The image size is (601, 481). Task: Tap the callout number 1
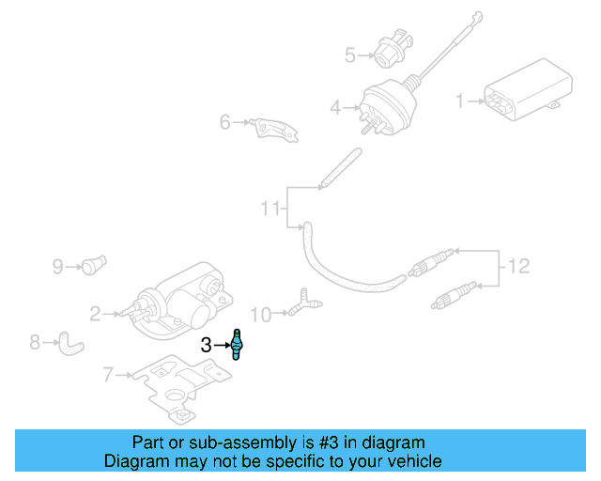tap(460, 101)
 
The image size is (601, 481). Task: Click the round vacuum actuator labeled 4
tap(385, 111)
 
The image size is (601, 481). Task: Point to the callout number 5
tap(350, 55)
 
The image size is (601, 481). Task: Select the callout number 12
tap(518, 266)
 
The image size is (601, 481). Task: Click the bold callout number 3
tap(207, 345)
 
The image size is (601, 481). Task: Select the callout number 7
tap(108, 376)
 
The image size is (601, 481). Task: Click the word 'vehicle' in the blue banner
tap(411, 461)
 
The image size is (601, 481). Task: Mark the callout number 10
tap(260, 313)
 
